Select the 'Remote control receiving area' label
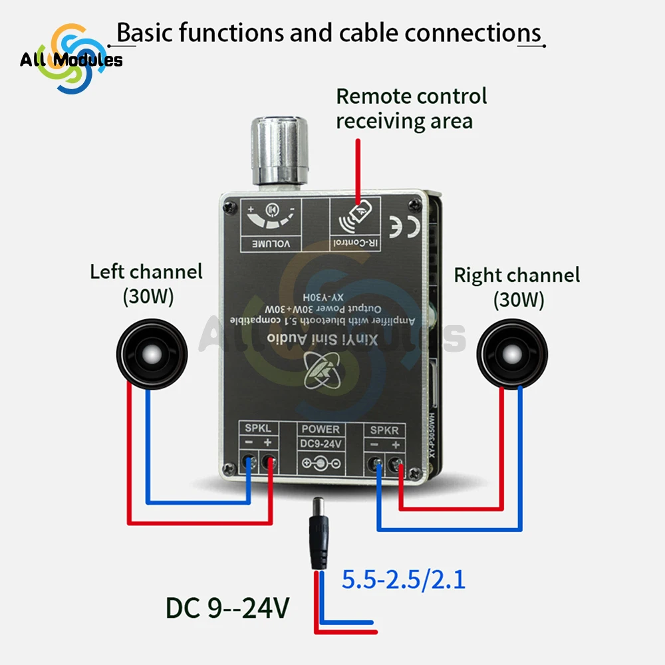point(411,108)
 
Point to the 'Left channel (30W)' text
point(146,284)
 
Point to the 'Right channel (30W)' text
point(517,287)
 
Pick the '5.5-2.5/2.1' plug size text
point(403,580)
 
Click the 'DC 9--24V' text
point(227,608)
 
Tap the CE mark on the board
point(404,224)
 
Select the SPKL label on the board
point(258,430)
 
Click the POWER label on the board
point(321,430)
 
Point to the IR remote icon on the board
point(353,219)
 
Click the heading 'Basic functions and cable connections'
point(329,33)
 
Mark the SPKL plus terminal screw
point(269,460)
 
